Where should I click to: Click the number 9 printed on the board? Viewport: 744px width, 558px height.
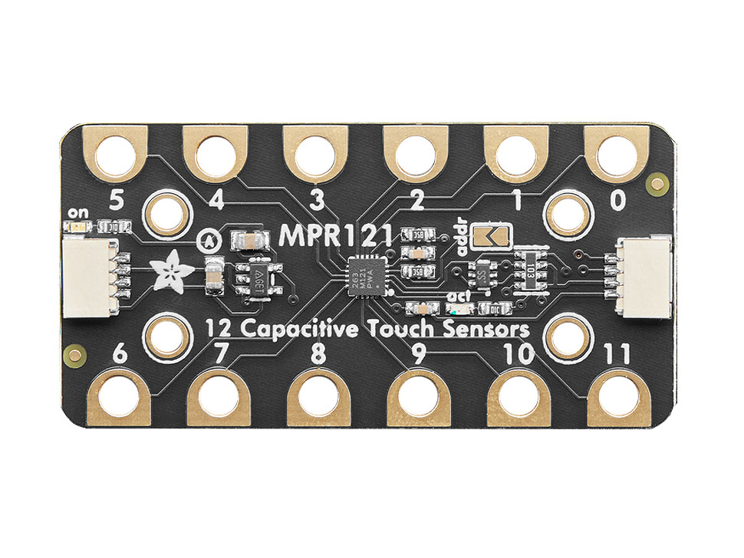tap(418, 354)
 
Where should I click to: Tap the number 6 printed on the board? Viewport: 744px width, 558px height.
tap(120, 355)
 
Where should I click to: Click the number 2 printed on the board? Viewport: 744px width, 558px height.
tap(418, 201)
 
